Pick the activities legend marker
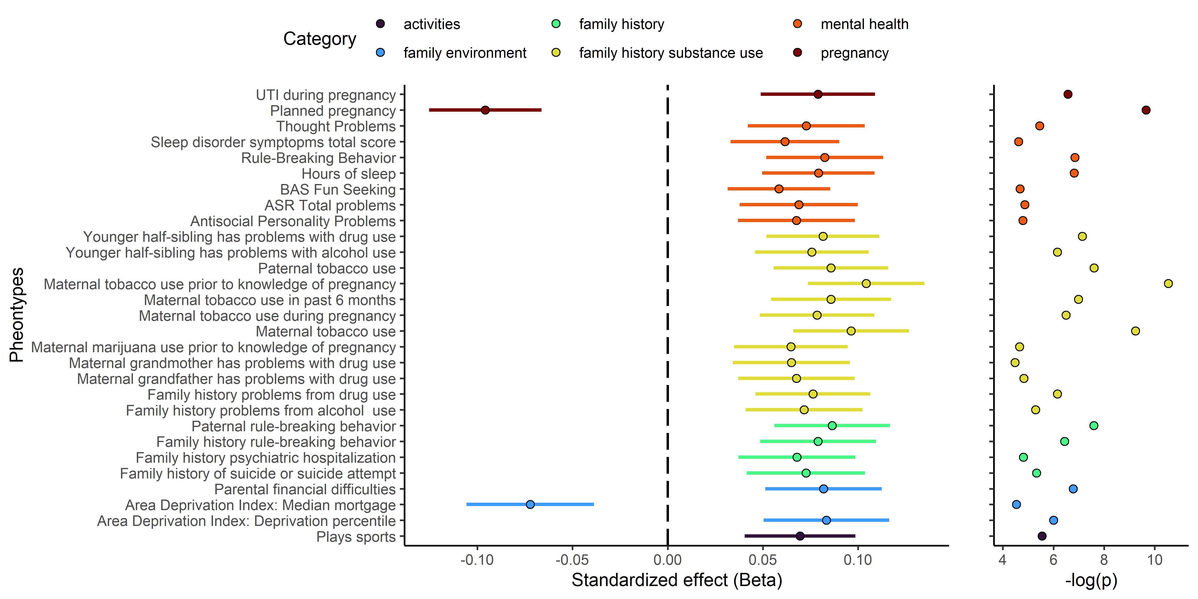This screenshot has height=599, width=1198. tap(380, 24)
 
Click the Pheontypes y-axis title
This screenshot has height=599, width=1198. tap(17, 315)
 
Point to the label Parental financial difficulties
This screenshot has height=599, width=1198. tap(305, 489)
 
